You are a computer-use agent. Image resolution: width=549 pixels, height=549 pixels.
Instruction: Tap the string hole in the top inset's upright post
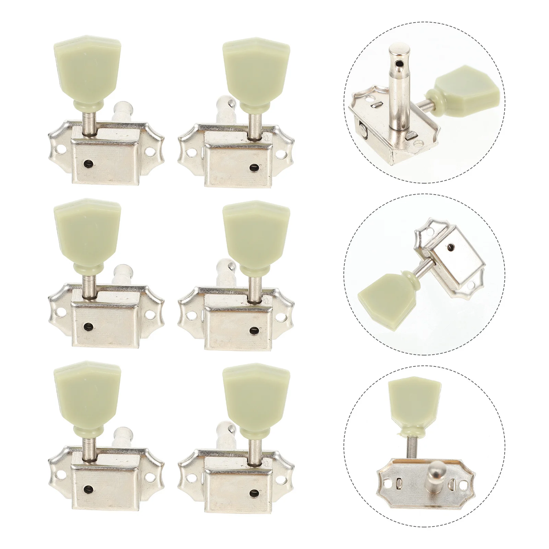click(398, 64)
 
